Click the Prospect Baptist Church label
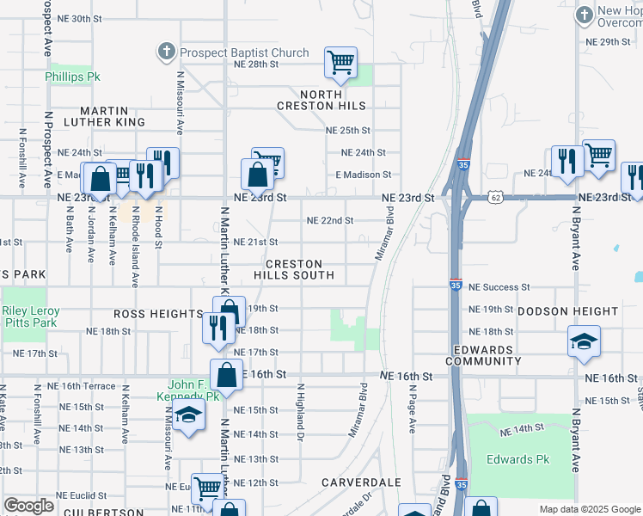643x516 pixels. point(243,52)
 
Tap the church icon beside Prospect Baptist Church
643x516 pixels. point(166,52)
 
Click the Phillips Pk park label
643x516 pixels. point(73,77)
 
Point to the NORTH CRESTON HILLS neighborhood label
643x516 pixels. point(321,100)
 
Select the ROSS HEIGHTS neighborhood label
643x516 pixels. point(157,314)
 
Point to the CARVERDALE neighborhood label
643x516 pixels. point(362,482)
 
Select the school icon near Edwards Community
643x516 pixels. point(584,341)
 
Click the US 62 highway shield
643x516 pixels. point(498,197)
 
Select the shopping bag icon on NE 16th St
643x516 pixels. point(226,375)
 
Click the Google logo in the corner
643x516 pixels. point(28,506)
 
